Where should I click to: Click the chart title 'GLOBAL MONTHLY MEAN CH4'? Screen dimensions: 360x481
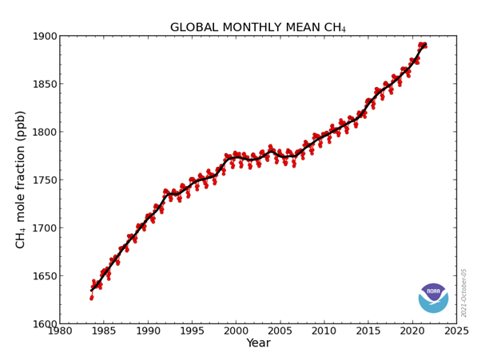(257, 28)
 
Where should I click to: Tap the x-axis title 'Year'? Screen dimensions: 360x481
(257, 343)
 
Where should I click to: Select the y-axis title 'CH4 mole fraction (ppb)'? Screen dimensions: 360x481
(22, 180)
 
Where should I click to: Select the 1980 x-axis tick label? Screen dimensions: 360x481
(60, 331)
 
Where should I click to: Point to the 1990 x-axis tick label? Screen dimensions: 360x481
(148, 331)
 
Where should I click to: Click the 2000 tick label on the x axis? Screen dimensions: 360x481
(236, 331)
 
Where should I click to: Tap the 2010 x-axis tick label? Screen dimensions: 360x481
(324, 331)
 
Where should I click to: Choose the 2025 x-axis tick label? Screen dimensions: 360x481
(455, 331)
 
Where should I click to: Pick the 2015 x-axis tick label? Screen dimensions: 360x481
(368, 331)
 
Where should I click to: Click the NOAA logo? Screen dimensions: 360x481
(433, 298)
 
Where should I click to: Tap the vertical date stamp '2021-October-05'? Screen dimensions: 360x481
(464, 292)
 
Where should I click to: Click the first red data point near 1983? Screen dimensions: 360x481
(91, 298)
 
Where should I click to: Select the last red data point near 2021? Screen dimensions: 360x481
(425, 45)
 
